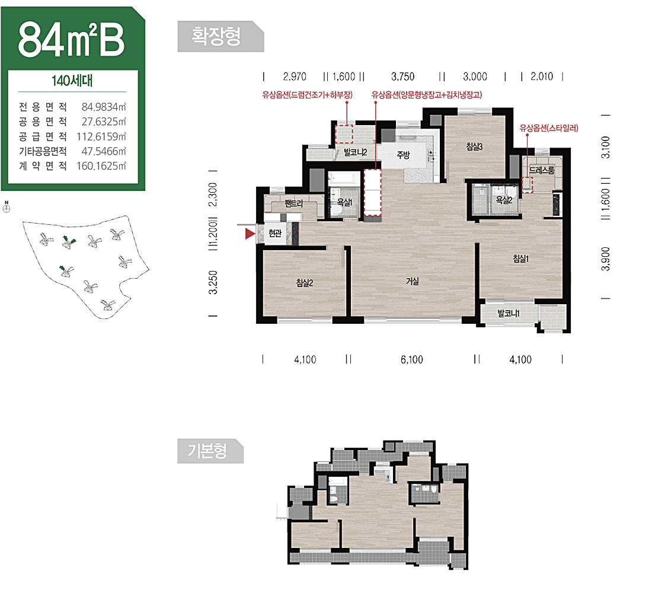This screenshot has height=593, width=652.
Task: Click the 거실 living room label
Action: click(412, 281)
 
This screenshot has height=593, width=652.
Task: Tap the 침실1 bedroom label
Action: click(520, 259)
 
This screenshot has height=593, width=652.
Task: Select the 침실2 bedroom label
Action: click(305, 283)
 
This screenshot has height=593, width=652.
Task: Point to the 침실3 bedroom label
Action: click(474, 146)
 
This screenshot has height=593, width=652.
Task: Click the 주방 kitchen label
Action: click(403, 155)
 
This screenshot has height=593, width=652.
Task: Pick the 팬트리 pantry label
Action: click(293, 203)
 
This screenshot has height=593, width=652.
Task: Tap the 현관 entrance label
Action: click(275, 233)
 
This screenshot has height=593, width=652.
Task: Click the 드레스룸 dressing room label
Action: click(541, 170)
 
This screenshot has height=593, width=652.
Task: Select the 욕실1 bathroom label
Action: click(344, 202)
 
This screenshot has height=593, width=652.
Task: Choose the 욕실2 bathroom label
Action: click(504, 200)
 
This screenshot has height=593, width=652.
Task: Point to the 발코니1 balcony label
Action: click(508, 313)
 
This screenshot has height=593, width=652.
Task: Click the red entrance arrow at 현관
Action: click(250, 234)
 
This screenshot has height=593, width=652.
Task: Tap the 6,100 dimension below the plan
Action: click(412, 359)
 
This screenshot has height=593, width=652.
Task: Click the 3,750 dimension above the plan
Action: click(402, 76)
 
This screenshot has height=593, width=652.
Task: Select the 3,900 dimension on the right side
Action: click(605, 259)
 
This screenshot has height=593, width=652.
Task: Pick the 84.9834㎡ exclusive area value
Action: click(104, 107)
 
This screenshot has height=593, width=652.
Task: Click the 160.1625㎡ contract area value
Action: click(101, 166)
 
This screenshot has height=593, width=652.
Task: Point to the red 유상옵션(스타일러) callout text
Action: click(549, 128)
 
